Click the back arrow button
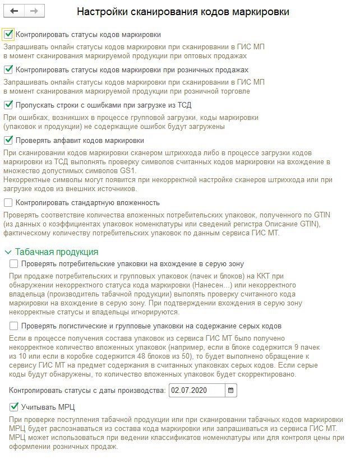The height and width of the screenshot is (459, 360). (14, 11)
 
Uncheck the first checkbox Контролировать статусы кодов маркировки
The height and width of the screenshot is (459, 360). (8, 34)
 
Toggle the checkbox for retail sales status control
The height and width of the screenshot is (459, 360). (8, 69)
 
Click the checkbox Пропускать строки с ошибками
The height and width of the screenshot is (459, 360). (8, 105)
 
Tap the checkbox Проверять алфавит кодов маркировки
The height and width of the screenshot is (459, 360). (8, 140)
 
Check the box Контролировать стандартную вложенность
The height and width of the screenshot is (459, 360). (8, 202)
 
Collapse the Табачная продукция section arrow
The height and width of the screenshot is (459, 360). (8, 252)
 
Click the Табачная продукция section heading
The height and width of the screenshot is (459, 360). (57, 252)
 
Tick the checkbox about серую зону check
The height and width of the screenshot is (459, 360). (14, 263)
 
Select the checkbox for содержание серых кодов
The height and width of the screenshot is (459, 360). (14, 326)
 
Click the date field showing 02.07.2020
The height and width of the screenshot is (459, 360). (196, 390)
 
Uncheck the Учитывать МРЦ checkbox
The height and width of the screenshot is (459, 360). (14, 406)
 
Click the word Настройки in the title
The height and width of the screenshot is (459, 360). (103, 11)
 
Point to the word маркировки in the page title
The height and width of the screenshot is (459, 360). (257, 11)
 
